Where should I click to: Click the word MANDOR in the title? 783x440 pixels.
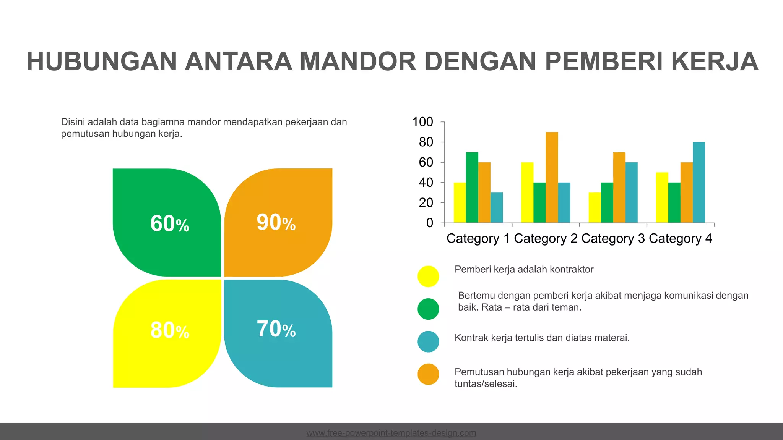[357, 61]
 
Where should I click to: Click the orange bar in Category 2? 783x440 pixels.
[552, 178]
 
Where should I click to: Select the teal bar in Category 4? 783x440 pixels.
[699, 183]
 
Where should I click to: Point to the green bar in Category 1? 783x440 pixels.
[472, 188]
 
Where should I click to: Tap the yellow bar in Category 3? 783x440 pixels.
[595, 208]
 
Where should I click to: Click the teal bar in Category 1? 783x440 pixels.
[497, 208]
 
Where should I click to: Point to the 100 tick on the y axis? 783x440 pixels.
[422, 122]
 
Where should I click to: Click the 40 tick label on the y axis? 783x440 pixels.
[426, 183]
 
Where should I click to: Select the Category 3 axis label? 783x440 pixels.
[613, 238]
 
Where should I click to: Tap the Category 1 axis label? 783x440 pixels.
[478, 238]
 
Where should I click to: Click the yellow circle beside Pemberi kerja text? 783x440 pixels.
[428, 276]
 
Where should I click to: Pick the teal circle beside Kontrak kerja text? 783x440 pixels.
[428, 341]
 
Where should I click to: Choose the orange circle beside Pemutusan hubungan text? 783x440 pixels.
[428, 374]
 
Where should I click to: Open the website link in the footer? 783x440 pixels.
[391, 433]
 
